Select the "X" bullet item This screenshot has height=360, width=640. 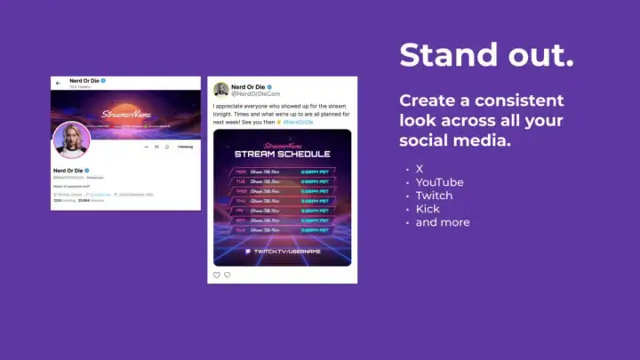pyautogui.click(x=420, y=168)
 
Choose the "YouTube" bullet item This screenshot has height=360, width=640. pyautogui.click(x=439, y=182)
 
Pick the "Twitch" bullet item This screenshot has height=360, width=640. pyautogui.click(x=434, y=196)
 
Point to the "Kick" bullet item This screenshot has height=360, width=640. pyautogui.click(x=428, y=209)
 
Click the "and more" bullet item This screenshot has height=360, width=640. pyautogui.click(x=443, y=222)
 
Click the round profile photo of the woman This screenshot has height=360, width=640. pyautogui.click(x=71, y=140)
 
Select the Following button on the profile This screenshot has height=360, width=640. pyautogui.click(x=185, y=147)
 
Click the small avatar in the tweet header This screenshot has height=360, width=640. pyautogui.click(x=221, y=90)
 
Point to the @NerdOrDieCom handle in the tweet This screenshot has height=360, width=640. pyautogui.click(x=257, y=93)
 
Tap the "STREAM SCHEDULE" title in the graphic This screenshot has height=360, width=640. pyautogui.click(x=282, y=155)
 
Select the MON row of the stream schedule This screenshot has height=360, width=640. pyautogui.click(x=282, y=171)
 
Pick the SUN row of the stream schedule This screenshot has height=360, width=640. pyautogui.click(x=282, y=228)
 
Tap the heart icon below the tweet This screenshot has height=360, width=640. pyautogui.click(x=217, y=276)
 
